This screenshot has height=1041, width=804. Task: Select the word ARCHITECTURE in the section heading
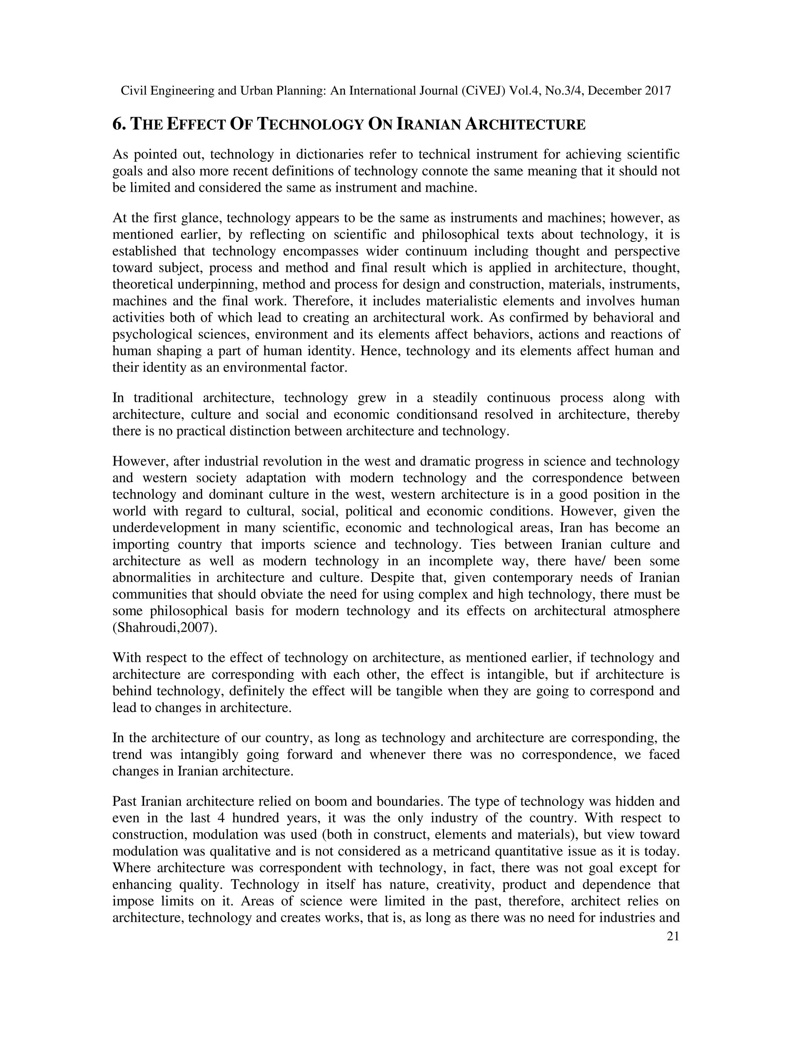(x=525, y=125)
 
